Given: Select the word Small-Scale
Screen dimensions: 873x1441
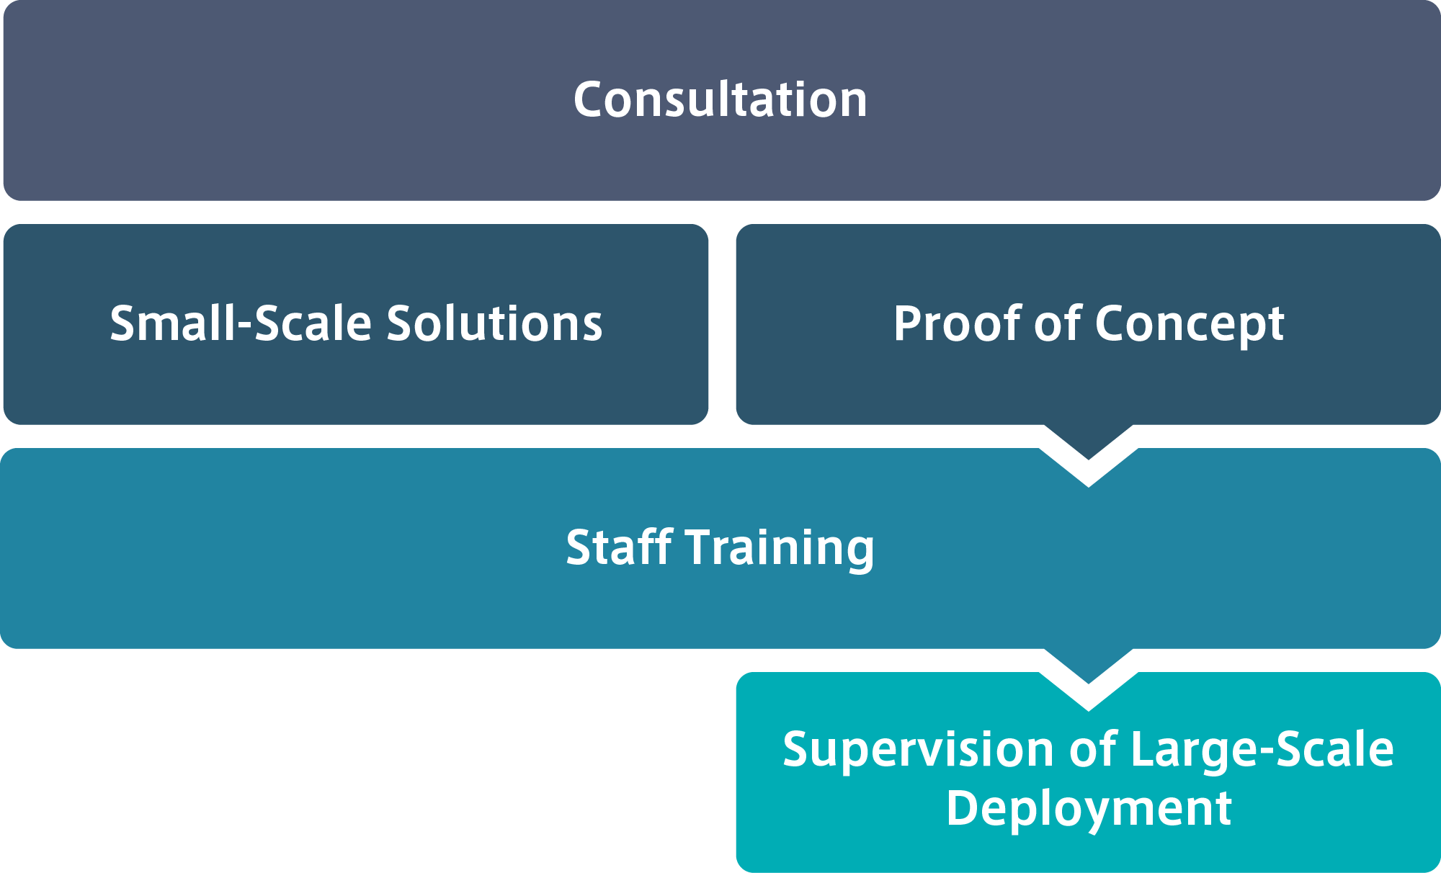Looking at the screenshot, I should point(242,323).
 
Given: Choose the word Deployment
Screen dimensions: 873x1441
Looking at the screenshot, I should point(1089,808).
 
